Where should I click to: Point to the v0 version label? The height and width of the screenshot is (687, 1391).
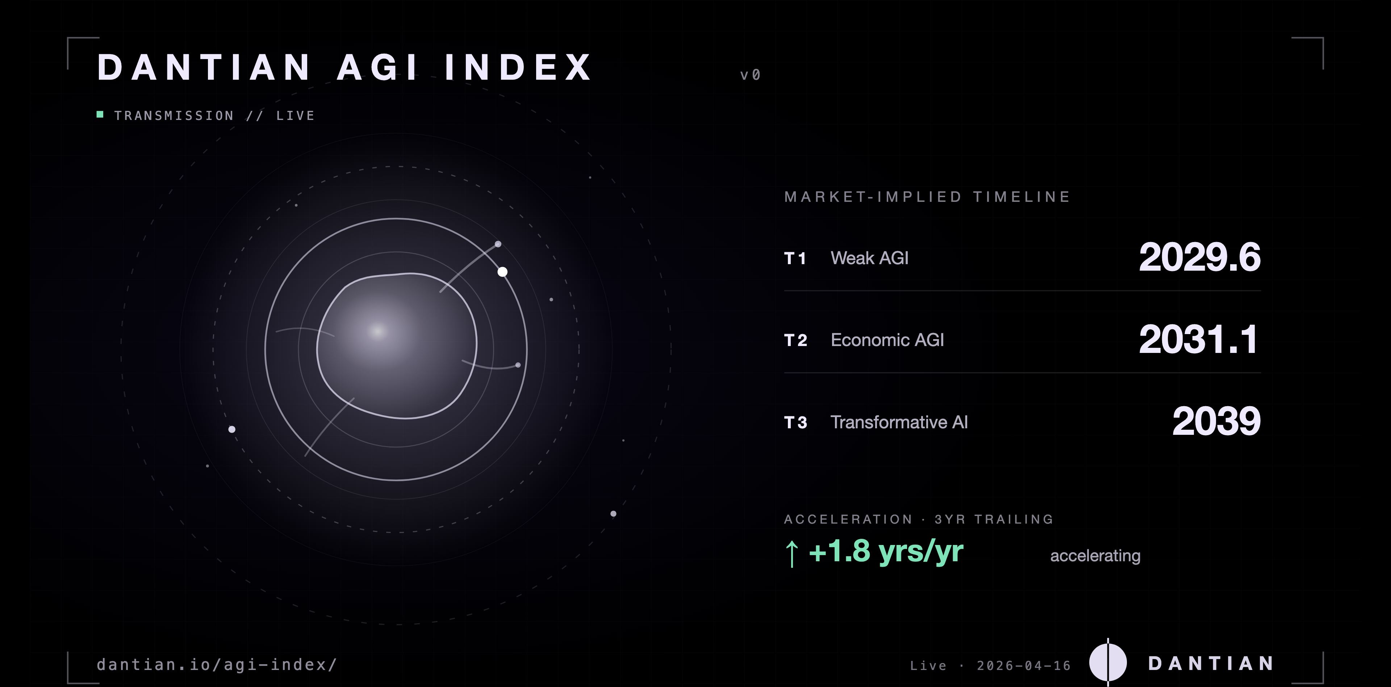pos(750,75)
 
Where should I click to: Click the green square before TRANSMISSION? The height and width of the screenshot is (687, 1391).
pos(100,114)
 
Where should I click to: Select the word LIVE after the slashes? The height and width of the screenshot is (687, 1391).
pos(295,116)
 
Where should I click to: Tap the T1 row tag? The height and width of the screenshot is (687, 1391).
pos(795,258)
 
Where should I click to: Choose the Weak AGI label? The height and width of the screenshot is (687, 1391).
pos(869,258)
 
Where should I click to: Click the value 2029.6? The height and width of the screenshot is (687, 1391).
pos(1199,257)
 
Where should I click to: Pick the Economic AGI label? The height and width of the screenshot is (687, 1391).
pos(887,340)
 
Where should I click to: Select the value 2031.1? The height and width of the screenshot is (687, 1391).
pos(1198,340)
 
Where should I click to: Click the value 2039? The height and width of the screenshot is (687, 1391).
pos(1216,421)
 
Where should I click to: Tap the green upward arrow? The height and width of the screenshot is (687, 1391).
pos(791,554)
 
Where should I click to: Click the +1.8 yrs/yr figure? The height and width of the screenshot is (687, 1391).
pos(886,551)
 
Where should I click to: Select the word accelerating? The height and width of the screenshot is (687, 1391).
pos(1095,556)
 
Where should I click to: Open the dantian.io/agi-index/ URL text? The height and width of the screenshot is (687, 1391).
pos(217,664)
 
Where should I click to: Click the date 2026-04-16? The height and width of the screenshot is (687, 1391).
pos(1024,665)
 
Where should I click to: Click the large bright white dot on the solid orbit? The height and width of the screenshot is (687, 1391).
pos(502,272)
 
